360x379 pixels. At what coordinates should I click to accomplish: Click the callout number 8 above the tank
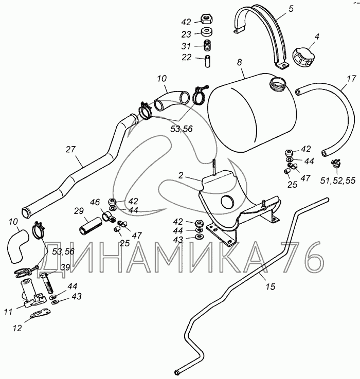(239, 62)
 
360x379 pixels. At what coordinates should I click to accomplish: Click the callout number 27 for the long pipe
(71, 149)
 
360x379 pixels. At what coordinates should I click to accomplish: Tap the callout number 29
(78, 211)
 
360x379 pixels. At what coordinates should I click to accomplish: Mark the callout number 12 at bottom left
(17, 328)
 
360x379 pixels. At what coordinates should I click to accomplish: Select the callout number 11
(8, 311)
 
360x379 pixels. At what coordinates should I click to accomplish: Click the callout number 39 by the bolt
(65, 267)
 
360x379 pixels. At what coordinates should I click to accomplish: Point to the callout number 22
(186, 57)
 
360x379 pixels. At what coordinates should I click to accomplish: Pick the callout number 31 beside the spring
(186, 46)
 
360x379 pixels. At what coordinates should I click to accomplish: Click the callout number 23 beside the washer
(186, 34)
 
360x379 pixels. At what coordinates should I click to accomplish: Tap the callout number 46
(95, 202)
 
